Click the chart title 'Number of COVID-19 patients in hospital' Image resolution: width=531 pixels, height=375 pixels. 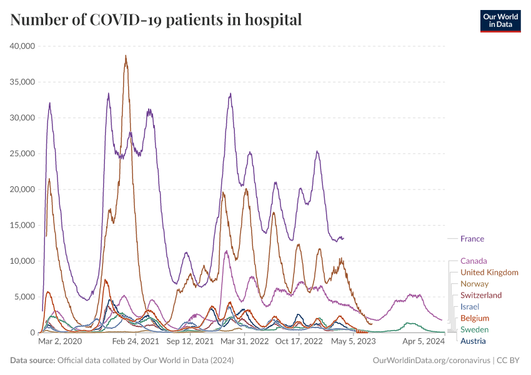[x=156, y=20]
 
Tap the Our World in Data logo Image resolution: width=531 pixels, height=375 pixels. [x=500, y=20]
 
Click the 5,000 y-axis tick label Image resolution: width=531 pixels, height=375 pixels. [x=27, y=297]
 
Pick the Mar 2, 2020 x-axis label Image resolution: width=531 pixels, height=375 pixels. [x=60, y=341]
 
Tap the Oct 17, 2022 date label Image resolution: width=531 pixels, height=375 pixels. [x=298, y=341]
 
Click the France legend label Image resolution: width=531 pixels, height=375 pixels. [x=472, y=239]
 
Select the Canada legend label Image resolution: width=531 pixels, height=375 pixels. [x=474, y=261]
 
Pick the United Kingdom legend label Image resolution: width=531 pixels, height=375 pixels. [x=489, y=272]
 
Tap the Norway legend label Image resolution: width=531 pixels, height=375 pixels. [x=474, y=284]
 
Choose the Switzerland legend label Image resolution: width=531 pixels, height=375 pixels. [x=481, y=295]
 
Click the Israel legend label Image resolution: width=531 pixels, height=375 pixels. [x=470, y=307]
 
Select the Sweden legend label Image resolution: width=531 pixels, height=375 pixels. [x=474, y=329]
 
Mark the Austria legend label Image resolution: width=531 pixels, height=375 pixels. [x=473, y=341]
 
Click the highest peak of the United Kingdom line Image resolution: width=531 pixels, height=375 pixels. [x=126, y=56]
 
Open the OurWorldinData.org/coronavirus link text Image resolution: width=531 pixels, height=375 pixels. [x=431, y=361]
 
